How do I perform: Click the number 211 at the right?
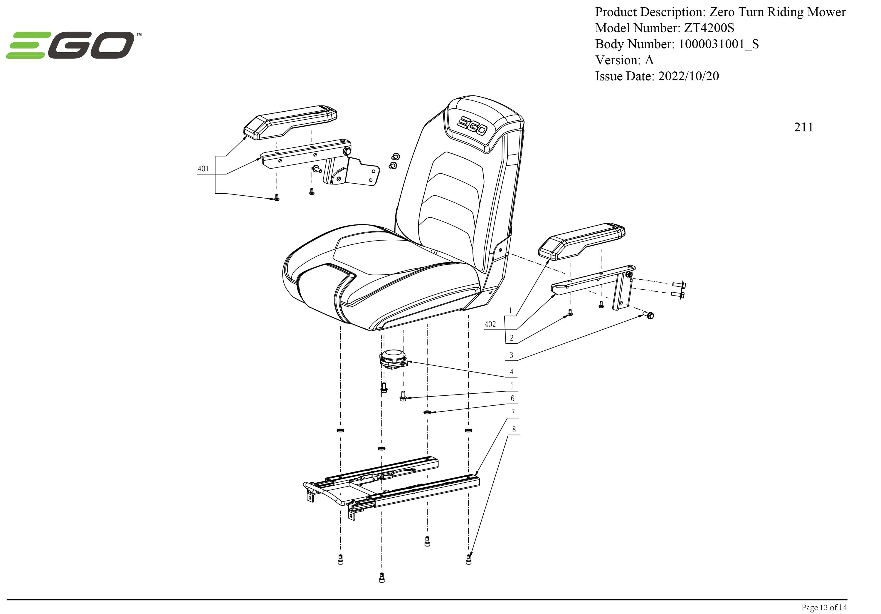pyautogui.click(x=803, y=127)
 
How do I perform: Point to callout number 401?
pyautogui.click(x=204, y=169)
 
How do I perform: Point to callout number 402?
pyautogui.click(x=490, y=324)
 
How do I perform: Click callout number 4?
pyautogui.click(x=512, y=371)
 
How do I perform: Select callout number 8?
pyautogui.click(x=514, y=430)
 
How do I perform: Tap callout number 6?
pyautogui.click(x=512, y=399)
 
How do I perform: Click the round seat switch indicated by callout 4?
pyautogui.click(x=393, y=358)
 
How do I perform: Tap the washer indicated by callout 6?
pyautogui.click(x=427, y=412)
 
